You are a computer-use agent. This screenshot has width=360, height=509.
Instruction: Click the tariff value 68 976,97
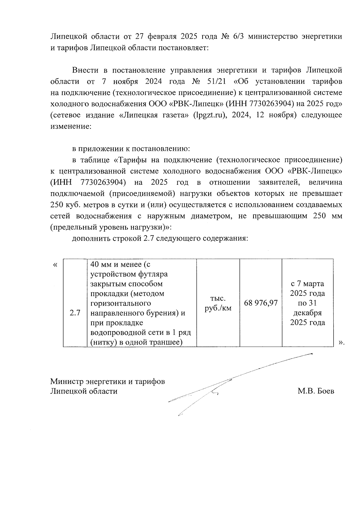pyautogui.click(x=261, y=303)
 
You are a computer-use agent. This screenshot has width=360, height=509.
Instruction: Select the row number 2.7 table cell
pyautogui.click(x=75, y=313)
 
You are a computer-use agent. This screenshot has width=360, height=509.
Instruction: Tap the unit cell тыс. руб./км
pyautogui.click(x=218, y=303)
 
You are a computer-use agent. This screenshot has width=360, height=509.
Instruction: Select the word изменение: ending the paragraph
pyautogui.click(x=70, y=126)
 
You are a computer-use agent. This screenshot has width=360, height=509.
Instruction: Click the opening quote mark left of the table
pyautogui.click(x=55, y=265)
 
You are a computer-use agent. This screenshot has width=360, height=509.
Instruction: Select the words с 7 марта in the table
pyautogui.click(x=307, y=283)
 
